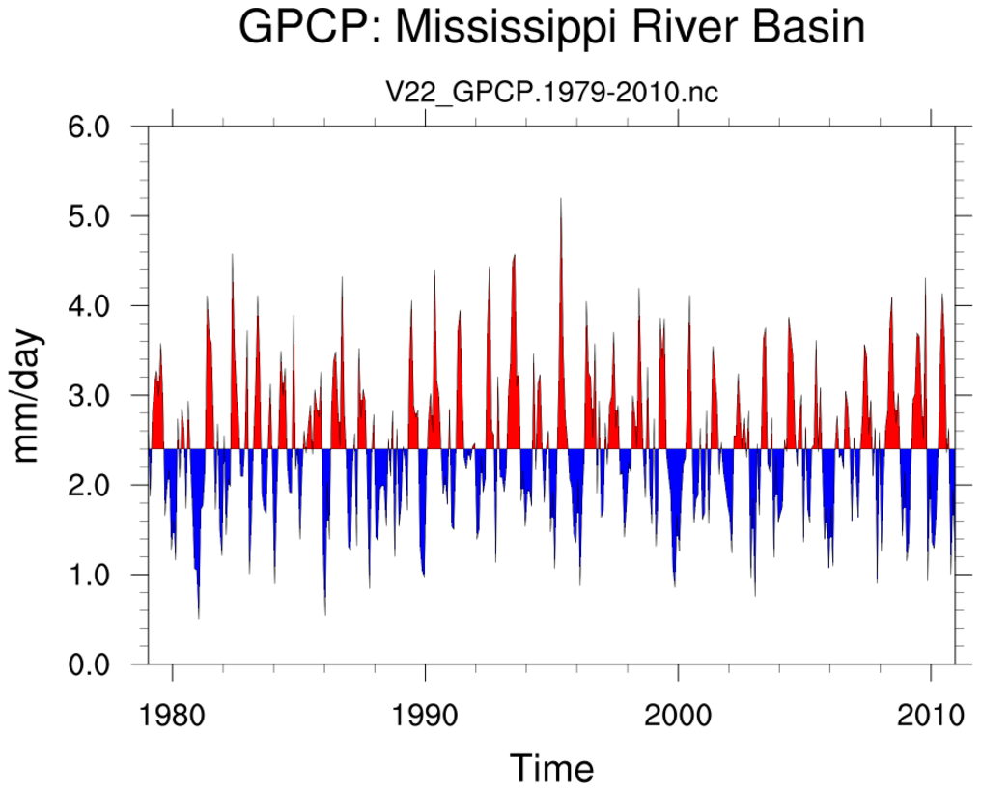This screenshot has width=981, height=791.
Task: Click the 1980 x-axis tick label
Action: (x=173, y=717)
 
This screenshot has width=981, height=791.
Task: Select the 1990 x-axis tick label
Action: (x=426, y=717)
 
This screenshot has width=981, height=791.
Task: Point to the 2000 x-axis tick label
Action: (x=679, y=717)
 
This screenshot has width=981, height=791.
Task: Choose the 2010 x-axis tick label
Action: (x=932, y=717)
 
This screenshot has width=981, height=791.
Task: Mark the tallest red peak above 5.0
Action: (x=561, y=201)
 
